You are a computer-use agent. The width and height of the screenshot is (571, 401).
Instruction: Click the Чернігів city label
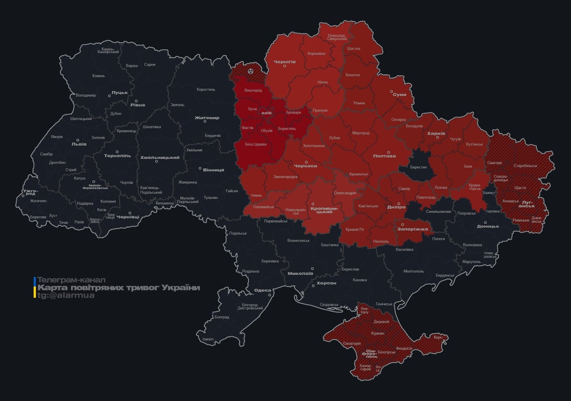[284, 62]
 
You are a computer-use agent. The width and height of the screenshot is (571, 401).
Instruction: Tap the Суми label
[400, 95]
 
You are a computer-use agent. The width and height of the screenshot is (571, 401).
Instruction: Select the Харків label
[436, 134]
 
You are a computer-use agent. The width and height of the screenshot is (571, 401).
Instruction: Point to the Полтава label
[384, 156]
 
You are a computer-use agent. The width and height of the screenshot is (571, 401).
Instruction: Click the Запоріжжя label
[412, 229]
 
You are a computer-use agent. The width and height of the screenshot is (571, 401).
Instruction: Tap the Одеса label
[262, 290]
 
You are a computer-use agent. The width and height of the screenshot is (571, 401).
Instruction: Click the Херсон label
[327, 282]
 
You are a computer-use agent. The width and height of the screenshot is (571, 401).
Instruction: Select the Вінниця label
[213, 170]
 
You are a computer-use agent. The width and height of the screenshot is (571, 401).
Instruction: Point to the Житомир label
[207, 117]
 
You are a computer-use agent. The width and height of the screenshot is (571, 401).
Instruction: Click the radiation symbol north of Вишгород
[251, 70]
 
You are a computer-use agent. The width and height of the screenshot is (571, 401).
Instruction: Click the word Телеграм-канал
[72, 280]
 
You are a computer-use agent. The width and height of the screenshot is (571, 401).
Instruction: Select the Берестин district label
[418, 167]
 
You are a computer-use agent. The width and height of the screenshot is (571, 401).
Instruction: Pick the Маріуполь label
[471, 261]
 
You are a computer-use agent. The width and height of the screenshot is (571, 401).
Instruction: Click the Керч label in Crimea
[437, 337]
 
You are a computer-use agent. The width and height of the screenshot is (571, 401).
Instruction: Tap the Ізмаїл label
[208, 339]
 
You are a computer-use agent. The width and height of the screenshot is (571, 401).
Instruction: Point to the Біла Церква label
[256, 144]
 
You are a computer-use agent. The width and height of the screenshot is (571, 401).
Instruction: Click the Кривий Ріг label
[355, 229]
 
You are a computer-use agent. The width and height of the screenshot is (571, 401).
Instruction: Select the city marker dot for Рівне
[136, 101]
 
